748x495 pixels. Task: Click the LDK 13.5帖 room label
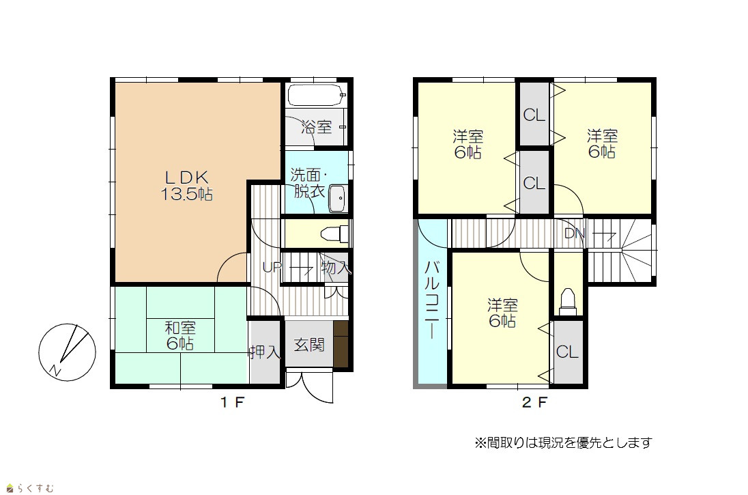coord(186,186)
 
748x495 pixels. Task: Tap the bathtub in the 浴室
coord(316,96)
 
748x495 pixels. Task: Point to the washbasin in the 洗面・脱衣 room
coord(338,198)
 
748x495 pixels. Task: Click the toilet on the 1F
coord(334,234)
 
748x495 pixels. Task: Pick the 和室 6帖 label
coord(180,335)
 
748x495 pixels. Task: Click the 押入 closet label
coord(264,352)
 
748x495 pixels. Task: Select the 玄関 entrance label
coord(309,344)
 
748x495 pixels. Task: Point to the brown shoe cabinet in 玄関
coord(341,343)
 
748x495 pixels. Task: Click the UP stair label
coord(272,268)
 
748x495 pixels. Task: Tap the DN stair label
coord(575,234)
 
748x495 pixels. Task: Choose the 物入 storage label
coord(336,268)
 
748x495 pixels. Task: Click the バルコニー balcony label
coord(432,300)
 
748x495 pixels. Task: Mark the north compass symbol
coord(68,352)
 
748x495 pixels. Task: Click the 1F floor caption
coord(232,402)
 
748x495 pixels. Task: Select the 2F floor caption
coord(534,402)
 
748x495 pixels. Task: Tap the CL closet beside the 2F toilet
coord(567,352)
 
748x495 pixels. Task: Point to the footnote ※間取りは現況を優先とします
coord(563,443)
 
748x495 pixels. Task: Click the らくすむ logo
coord(30,488)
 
